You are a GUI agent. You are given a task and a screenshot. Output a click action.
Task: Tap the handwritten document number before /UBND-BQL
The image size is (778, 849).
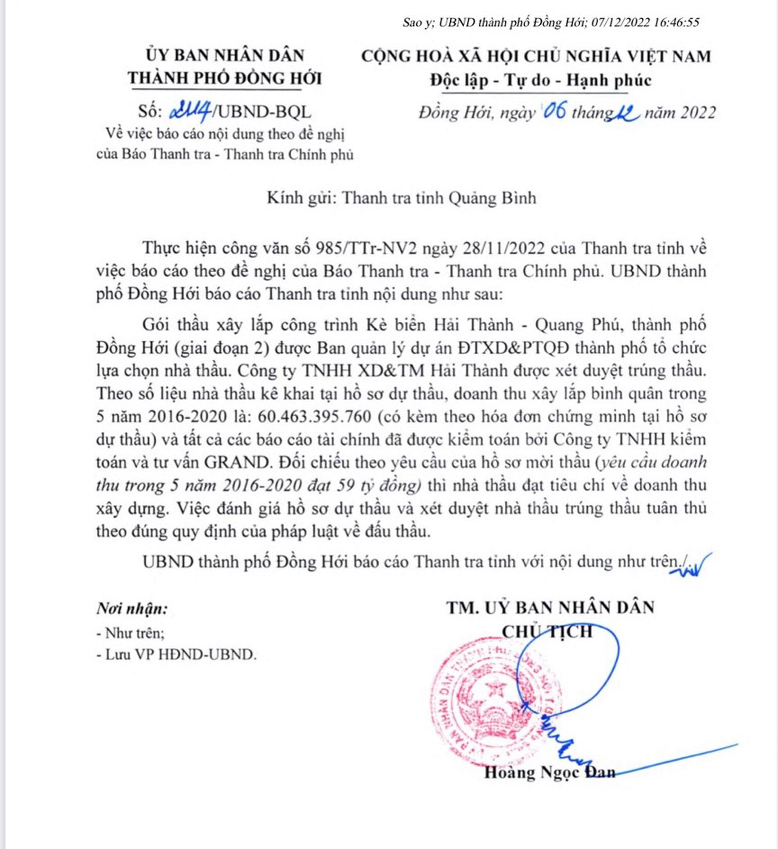click(x=190, y=112)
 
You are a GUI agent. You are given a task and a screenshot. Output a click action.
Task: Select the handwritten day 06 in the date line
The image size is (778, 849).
click(x=554, y=111)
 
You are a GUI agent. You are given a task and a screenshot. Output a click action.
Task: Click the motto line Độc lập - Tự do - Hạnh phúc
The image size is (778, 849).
click(x=540, y=80)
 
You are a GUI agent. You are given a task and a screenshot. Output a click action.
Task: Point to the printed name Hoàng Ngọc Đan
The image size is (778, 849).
click(x=549, y=772)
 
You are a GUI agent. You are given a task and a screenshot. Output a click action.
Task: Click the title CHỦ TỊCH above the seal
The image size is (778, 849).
click(x=548, y=632)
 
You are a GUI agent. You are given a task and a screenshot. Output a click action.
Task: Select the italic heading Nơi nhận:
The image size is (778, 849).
click(x=132, y=608)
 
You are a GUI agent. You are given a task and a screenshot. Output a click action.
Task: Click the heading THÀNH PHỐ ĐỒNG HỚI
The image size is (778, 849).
click(x=225, y=78)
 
